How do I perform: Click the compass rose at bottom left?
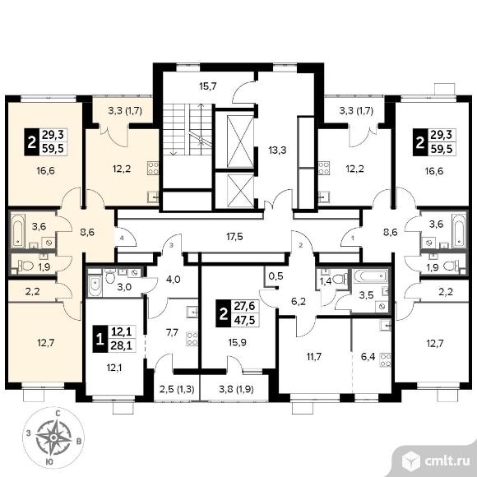tap(53, 438)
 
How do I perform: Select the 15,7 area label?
tap(208, 86)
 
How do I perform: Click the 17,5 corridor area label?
tap(234, 236)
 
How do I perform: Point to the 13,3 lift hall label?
tap(277, 150)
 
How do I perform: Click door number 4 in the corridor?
tap(122, 238)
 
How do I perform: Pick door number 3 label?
tap(172, 245)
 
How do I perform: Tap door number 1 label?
tap(353, 238)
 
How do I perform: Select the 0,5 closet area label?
tap(276, 276)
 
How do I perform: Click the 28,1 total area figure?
tap(122, 345)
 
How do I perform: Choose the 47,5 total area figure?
tap(244, 320)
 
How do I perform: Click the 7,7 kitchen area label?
tap(172, 332)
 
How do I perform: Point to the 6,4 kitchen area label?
tap(368, 356)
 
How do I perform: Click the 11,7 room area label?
tap(313, 356)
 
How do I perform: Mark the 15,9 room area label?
tap(238, 343)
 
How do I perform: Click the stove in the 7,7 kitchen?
tap(192, 339)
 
